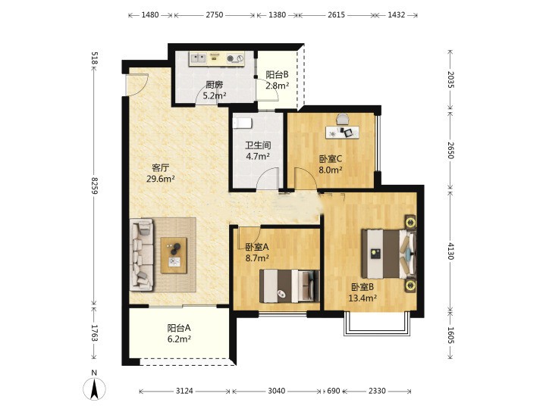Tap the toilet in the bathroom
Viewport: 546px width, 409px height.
click(242, 123)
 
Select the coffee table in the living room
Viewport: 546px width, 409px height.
click(174, 255)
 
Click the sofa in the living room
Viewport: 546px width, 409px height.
click(141, 254)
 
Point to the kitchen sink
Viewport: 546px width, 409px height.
click(199, 58)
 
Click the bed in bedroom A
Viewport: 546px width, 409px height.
click(290, 286)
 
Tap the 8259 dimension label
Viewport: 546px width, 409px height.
click(94, 186)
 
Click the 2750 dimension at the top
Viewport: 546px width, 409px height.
click(214, 15)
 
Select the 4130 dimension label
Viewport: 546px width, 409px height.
click(451, 251)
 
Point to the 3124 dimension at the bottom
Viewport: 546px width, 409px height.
click(184, 391)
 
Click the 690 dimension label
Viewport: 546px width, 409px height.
click(333, 391)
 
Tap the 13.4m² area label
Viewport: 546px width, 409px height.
click(362, 298)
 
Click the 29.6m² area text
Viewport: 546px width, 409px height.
click(161, 179)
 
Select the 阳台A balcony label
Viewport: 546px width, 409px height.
click(179, 328)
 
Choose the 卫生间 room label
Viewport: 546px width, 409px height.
click(258, 145)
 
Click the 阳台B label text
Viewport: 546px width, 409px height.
click(278, 75)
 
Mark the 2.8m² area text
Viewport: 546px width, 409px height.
click(278, 86)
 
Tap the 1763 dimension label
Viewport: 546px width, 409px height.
click(94, 333)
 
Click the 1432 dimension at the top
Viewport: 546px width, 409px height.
click(397, 15)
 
